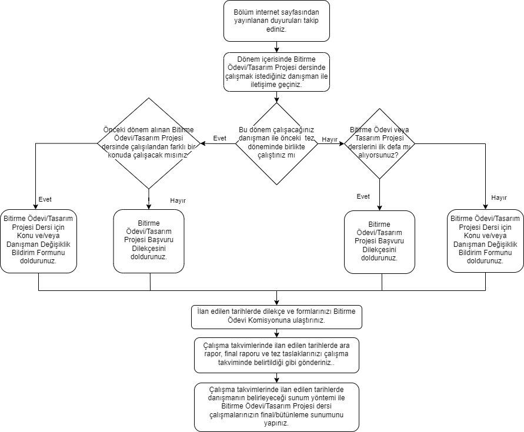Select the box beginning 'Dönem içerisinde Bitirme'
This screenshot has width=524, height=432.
pyautogui.click(x=276, y=72)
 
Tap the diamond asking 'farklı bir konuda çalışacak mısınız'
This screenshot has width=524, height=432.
pyautogui.click(x=149, y=143)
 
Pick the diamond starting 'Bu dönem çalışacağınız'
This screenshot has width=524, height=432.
pyautogui.click(x=276, y=142)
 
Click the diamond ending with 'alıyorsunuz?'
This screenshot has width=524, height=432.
pyautogui.click(x=379, y=142)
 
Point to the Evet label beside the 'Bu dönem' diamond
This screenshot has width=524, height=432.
pyautogui.click(x=219, y=138)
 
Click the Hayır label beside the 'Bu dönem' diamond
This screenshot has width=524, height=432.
pyautogui.click(x=329, y=140)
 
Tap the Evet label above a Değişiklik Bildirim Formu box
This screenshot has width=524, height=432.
pyautogui.click(x=45, y=199)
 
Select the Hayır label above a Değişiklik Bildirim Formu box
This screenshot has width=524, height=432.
pyautogui.click(x=499, y=198)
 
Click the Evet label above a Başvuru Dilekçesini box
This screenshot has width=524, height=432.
pyautogui.click(x=363, y=197)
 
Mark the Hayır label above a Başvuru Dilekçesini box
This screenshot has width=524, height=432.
pyautogui.click(x=178, y=200)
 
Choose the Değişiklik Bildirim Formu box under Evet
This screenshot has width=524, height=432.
pyautogui.click(x=38, y=240)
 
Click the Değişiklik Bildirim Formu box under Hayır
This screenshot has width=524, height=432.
pyautogui.click(x=485, y=240)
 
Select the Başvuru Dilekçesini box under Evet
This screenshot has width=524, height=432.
pyautogui.click(x=379, y=241)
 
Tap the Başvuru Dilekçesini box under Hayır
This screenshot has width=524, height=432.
pyautogui.click(x=149, y=240)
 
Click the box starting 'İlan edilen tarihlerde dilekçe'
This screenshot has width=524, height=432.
pyautogui.click(x=276, y=316)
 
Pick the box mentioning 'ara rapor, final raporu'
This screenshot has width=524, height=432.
pyautogui.click(x=276, y=354)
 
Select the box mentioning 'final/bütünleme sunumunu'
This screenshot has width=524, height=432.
pyautogui.click(x=276, y=407)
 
